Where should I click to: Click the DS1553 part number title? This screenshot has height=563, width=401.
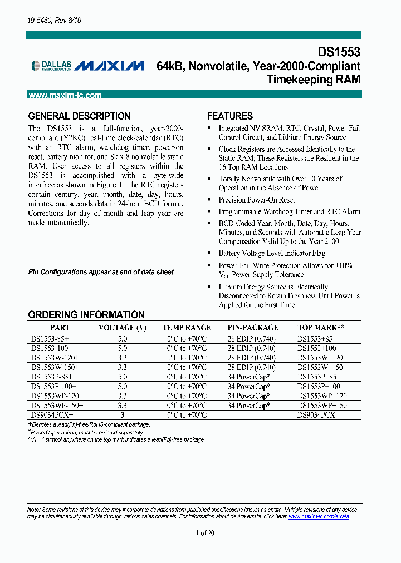click(339, 52)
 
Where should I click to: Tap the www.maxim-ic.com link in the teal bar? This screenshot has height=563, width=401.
click(65, 95)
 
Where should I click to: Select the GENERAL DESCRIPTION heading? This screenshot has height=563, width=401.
click(79, 116)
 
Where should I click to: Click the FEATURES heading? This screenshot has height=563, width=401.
click(230, 116)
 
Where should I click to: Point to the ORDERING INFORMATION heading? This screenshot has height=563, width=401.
click(86, 315)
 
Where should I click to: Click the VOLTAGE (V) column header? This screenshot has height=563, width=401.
click(122, 328)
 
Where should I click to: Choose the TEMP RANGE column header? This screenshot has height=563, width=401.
click(187, 328)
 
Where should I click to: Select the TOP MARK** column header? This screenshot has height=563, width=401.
click(320, 328)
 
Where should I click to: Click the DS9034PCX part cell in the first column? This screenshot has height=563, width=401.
click(52, 415)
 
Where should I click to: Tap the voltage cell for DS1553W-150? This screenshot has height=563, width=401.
click(123, 367)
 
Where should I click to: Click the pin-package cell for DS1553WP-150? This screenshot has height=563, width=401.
click(249, 406)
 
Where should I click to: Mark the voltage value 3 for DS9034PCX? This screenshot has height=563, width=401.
click(123, 415)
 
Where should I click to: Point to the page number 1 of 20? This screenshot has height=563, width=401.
click(205, 532)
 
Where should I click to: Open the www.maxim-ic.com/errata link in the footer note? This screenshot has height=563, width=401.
click(319, 516)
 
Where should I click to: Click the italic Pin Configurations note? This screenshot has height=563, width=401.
click(101, 272)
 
